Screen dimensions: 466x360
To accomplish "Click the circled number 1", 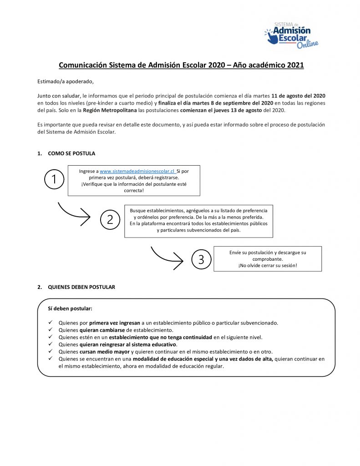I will pyautogui.click(x=55, y=180).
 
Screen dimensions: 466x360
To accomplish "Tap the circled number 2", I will pyautogui.click(x=110, y=220).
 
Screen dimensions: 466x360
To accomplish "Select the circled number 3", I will pyautogui.click(x=201, y=259).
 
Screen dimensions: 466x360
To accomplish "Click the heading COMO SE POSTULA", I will pyautogui.click(x=71, y=153).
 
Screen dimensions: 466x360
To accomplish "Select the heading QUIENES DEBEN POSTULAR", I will pyautogui.click(x=81, y=287).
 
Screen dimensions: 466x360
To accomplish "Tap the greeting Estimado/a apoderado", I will pyautogui.click(x=65, y=81).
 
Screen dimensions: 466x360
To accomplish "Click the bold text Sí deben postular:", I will pyautogui.click(x=70, y=308).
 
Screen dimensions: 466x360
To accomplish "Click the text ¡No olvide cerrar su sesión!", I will pyautogui.click(x=267, y=265).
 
